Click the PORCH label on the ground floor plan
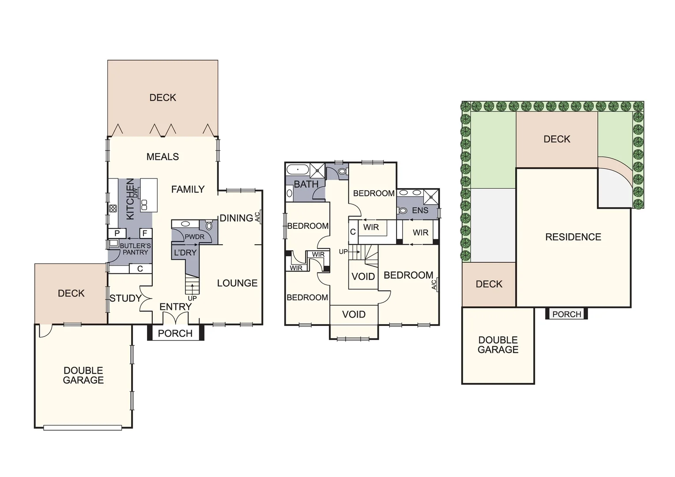tap(175, 333)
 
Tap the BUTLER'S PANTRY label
tap(135, 249)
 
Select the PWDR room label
tap(194, 237)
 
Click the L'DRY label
tap(185, 253)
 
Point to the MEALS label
tap(162, 157)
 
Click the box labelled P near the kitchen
tap(117, 233)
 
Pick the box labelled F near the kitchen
tap(145, 233)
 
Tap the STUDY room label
tap(125, 299)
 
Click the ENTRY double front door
tap(175, 318)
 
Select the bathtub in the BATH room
tap(298, 170)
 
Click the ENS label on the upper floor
tap(420, 211)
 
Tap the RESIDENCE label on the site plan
tap(573, 237)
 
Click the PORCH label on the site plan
tap(566, 314)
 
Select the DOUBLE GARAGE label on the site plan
tap(498, 345)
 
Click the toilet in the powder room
tap(209, 225)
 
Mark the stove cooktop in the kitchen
tap(113, 209)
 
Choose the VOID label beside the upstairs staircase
tap(363, 276)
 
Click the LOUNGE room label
tap(237, 283)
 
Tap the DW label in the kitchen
tap(135, 193)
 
